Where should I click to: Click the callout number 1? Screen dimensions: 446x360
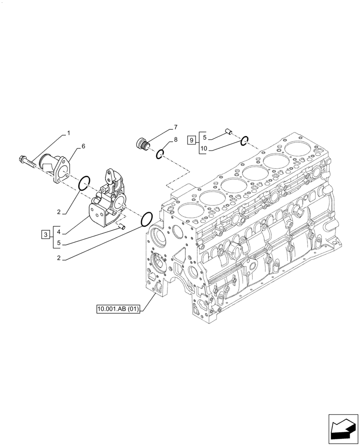coord(69,133)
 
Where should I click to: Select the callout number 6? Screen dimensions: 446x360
coord(83,146)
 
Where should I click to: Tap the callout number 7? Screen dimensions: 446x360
coord(176,127)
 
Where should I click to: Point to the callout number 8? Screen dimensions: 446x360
coord(176,140)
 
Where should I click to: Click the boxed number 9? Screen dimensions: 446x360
coord(191,140)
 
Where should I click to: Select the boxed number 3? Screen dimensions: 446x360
coord(45,234)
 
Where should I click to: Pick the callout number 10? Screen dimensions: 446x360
coord(205,149)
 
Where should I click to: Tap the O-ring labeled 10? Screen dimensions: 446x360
coord(244,141)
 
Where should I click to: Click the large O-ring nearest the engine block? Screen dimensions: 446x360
coord(146,219)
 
